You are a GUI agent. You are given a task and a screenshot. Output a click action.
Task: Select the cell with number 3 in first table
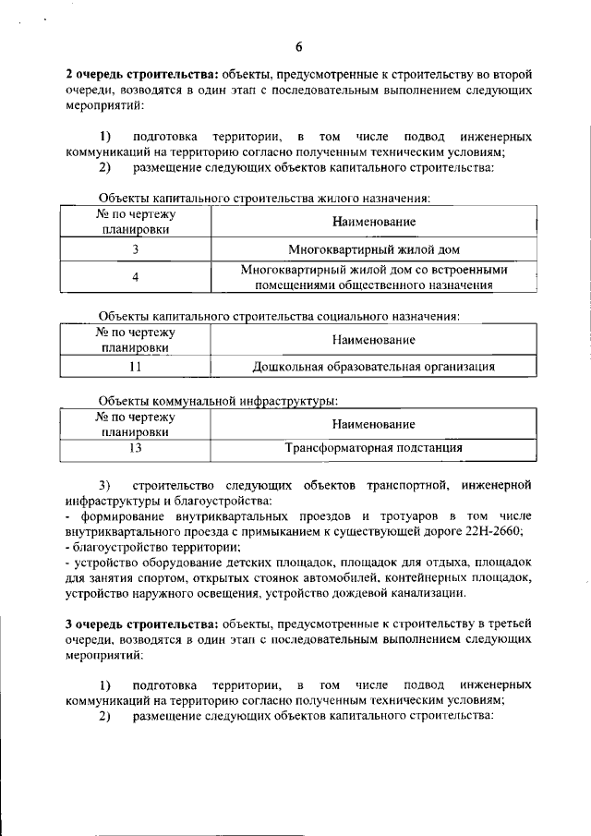pos(136,249)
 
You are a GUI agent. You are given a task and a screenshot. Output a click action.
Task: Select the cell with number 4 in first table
pos(136,277)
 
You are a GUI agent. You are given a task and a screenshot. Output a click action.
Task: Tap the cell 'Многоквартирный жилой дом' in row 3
pos(374,249)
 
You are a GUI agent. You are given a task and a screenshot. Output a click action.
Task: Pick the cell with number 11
pos(136,367)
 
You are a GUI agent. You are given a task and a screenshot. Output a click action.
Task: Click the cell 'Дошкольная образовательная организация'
pos(374,367)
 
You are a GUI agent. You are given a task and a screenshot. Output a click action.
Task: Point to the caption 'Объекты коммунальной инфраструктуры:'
pos(218,401)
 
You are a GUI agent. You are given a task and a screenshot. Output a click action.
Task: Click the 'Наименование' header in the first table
pos(374,222)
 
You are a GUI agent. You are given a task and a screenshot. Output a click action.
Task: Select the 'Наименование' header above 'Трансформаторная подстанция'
pos(374,424)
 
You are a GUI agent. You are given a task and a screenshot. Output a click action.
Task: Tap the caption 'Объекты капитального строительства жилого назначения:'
pos(264,198)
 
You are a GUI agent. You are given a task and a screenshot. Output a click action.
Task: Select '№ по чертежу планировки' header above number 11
pos(136,340)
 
